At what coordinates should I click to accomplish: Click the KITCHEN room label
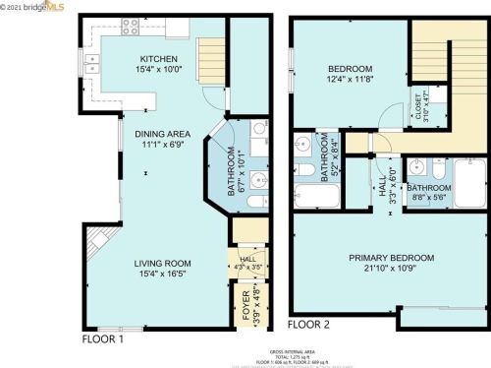click(157, 58)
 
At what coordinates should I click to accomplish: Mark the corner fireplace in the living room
click(96, 241)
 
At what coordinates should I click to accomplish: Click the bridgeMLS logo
click(44, 8)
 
